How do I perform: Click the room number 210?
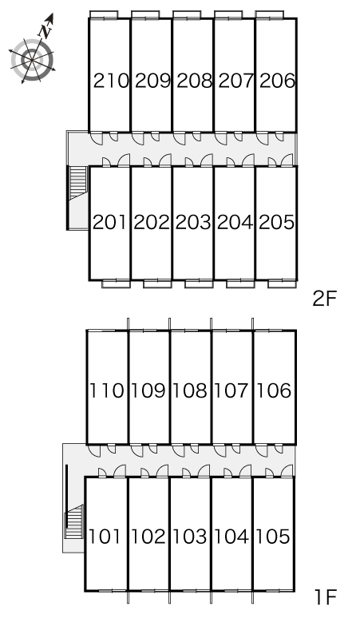111,81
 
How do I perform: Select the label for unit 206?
277,81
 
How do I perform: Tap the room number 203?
193,222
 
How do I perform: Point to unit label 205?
276,222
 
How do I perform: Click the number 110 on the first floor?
107,390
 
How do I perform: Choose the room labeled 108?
190,390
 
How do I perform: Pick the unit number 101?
105,537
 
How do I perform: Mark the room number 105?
273,537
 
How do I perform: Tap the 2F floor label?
325,299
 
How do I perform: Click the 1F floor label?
326,596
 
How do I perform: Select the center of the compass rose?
32,60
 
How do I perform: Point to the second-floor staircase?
78,184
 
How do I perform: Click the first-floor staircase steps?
74,521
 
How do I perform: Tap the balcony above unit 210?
104,14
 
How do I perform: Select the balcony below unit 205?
282,283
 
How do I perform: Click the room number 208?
194,81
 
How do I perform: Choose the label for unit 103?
190,537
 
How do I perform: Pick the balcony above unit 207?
228,14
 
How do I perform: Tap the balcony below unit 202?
157,283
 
